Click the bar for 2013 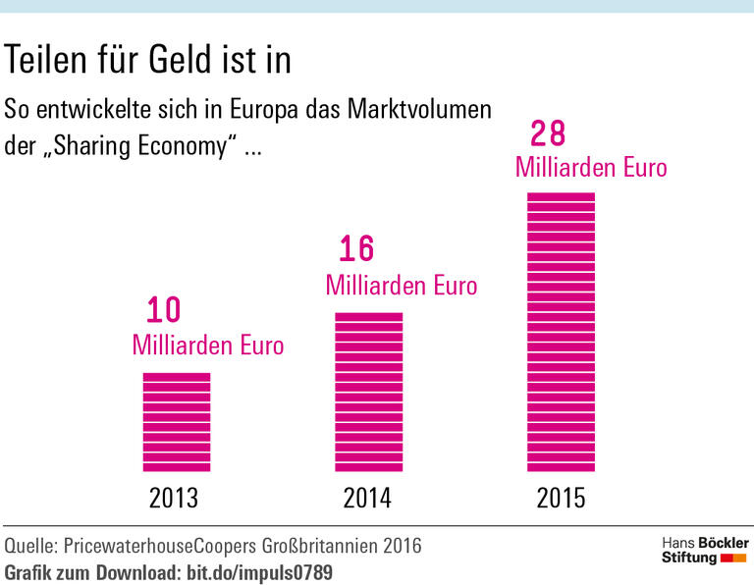tap(177, 422)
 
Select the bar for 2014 tap(369, 392)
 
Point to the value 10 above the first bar tap(164, 311)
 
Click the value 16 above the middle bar tap(357, 249)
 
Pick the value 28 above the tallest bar tap(549, 133)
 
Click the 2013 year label tap(174, 499)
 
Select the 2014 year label tap(367, 499)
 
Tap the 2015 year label tap(561, 499)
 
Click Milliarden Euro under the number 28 tap(591, 168)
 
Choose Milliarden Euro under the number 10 tap(207, 346)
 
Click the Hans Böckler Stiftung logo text tap(704, 551)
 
